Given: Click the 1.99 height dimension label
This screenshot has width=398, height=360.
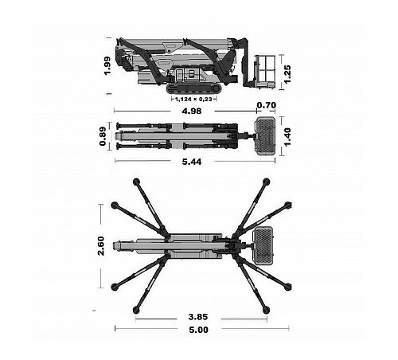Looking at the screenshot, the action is point(107,66).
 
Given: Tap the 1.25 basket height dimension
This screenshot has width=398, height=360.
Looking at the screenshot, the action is point(287,74).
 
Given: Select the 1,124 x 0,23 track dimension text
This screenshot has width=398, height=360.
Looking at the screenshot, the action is point(193,100).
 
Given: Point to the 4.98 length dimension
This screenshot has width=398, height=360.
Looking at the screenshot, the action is point(192,111).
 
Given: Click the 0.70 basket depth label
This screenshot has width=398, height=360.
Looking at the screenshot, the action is point(267,105).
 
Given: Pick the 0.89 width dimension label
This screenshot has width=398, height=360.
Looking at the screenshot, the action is point(103,136).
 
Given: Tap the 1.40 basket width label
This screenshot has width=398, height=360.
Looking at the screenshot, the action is point(287,137).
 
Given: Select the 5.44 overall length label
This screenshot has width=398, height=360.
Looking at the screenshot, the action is point(192,162).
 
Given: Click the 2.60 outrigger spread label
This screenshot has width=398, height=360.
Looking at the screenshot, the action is point(101,246).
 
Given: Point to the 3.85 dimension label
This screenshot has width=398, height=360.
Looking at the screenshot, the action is point(198,317).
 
